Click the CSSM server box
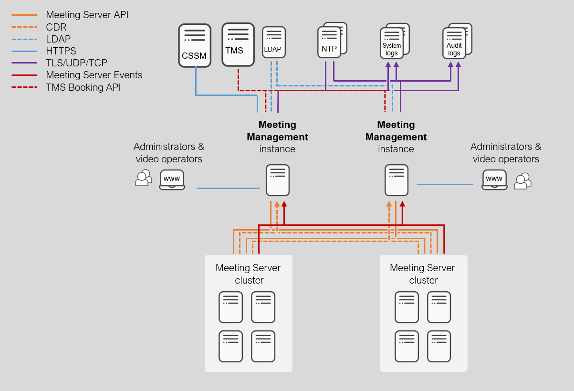195,45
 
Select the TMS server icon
238,44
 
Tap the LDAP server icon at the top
273,42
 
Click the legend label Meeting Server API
87,15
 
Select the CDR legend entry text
56,27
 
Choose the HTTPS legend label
61,51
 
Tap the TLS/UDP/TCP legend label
76,63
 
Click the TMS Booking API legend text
83,87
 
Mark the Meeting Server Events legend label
94,75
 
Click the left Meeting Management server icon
278,180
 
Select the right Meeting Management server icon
397,180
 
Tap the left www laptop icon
172,180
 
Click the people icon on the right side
522,181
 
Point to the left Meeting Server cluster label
248,274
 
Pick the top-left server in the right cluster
407,307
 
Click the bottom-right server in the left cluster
263,346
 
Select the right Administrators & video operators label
506,153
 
